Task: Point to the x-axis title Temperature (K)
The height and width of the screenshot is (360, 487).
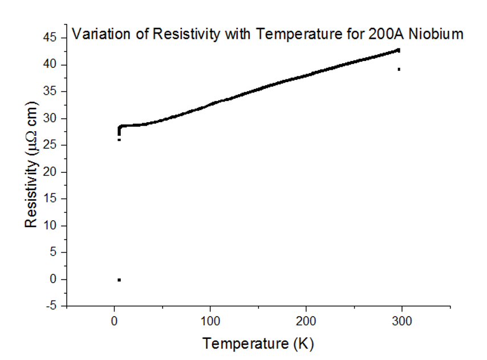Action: point(258,343)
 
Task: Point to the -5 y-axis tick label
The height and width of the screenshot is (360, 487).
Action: point(52,306)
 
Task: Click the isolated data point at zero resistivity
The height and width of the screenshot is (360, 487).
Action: point(119,280)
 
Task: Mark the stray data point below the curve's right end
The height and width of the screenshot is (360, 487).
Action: point(399,69)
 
